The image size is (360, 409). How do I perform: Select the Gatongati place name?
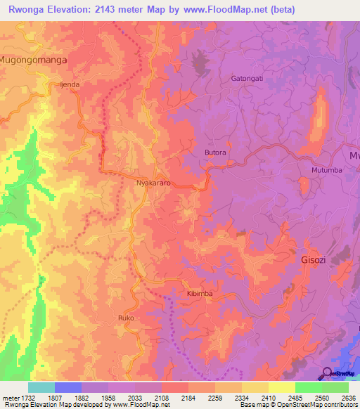pos(247,78)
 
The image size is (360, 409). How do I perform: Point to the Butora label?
pos(215,152)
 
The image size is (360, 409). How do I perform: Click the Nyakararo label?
pos(154,181)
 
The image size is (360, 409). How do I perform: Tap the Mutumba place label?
pos(326,170)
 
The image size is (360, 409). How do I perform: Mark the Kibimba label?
pos(200,293)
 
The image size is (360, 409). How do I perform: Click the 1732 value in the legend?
pos(29,398)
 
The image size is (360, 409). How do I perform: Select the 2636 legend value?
pos(349,398)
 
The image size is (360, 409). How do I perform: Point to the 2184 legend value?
pos(188,398)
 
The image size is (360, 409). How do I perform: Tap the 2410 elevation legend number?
pos(268,398)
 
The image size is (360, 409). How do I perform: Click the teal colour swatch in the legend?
pos(41,387)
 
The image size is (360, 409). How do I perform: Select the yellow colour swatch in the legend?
pos(281,387)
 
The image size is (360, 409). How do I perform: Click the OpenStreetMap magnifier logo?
pos(328,372)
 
